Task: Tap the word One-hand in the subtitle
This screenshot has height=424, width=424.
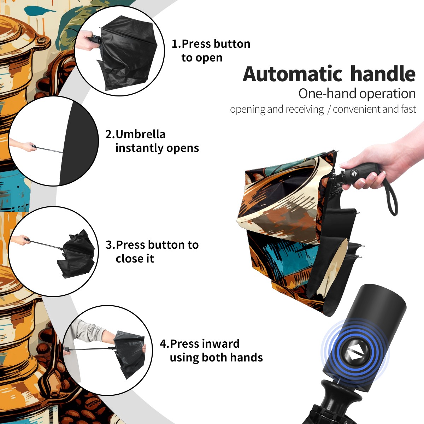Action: click(x=328, y=94)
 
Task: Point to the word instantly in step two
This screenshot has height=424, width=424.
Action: click(x=140, y=148)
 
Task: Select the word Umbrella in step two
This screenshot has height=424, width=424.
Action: click(x=140, y=134)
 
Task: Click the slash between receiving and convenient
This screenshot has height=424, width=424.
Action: click(x=329, y=110)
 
